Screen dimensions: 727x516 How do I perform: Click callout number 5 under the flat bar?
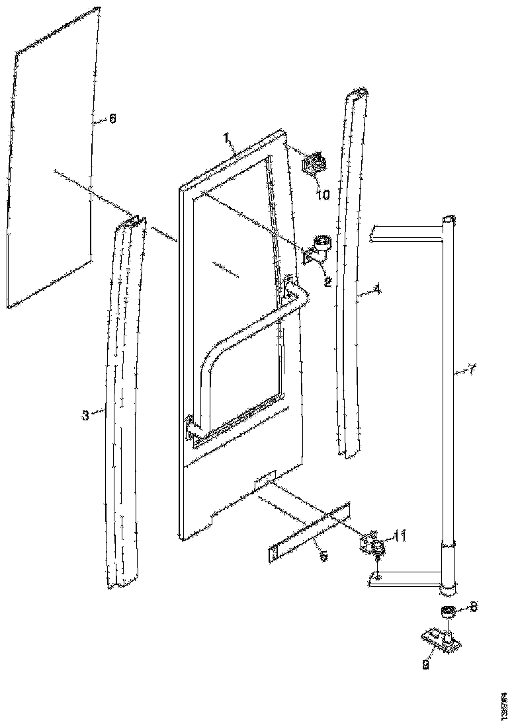(323, 557)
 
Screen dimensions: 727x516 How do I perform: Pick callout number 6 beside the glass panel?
(112, 119)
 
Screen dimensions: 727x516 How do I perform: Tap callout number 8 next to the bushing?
(474, 606)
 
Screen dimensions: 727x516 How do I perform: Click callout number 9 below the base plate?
(425, 665)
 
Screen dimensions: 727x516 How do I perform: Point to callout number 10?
(323, 194)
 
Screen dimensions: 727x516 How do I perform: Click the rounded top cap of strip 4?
(357, 92)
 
